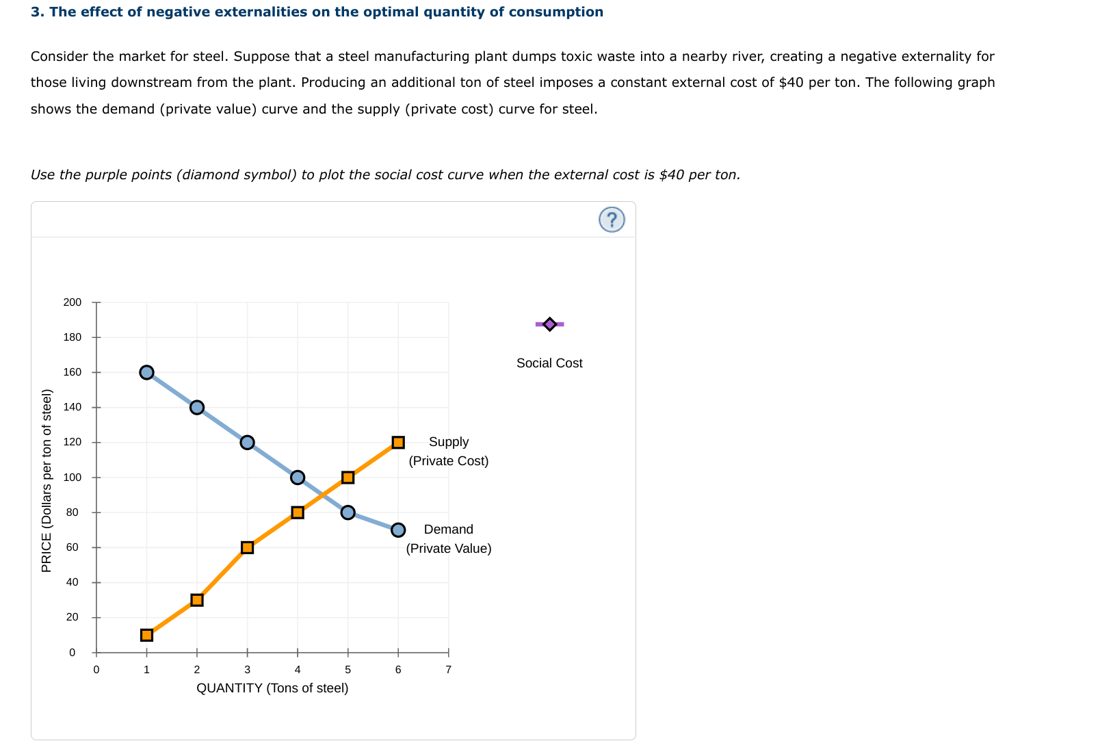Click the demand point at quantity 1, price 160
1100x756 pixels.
coord(146,372)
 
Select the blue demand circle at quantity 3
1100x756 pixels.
coord(247,442)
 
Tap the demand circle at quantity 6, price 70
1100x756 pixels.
coord(398,530)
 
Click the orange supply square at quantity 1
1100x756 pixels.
coord(146,635)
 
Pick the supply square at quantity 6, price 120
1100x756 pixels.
coord(398,442)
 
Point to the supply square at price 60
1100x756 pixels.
coord(247,547)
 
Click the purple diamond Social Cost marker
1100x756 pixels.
coord(549,324)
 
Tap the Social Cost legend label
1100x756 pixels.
coord(549,363)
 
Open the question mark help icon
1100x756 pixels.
coord(612,220)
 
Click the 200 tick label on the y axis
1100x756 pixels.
coord(72,302)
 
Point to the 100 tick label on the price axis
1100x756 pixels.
coord(72,478)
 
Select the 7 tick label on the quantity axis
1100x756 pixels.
coord(448,670)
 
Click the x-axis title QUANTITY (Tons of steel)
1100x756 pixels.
coord(272,688)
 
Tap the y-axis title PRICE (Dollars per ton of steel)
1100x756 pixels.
coord(47,480)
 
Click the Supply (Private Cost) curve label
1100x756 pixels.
coord(449,452)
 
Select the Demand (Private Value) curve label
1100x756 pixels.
coord(449,539)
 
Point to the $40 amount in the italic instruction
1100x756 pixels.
coord(671,174)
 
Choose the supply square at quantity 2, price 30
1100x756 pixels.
coord(197,600)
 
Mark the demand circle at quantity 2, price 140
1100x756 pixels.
coord(197,407)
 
